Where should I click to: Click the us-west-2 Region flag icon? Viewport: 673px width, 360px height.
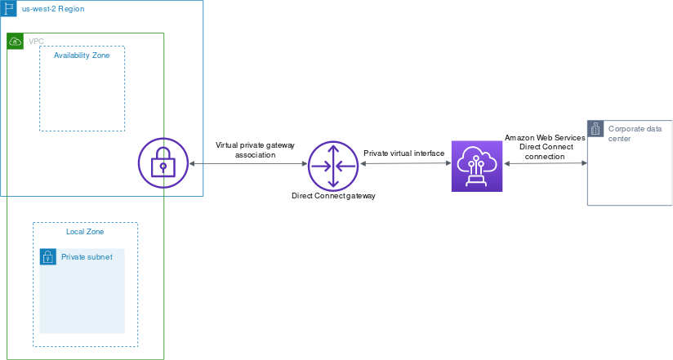[8, 8]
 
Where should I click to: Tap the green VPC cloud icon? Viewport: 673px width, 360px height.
[15, 41]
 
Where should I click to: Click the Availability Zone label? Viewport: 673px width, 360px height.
[82, 55]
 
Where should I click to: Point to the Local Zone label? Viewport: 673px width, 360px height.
[85, 232]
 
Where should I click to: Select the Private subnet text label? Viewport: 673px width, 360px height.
[87, 257]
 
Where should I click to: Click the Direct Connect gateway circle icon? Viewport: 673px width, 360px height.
[333, 165]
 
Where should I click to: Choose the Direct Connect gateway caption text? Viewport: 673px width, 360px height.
[333, 197]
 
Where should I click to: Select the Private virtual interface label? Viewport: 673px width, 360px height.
[403, 153]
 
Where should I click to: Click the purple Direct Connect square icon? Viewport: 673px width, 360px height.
[478, 165]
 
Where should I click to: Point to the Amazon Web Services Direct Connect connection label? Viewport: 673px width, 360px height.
[545, 147]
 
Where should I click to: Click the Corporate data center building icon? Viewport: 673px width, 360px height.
[595, 128]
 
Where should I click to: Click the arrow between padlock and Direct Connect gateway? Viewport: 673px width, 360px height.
[248, 165]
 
